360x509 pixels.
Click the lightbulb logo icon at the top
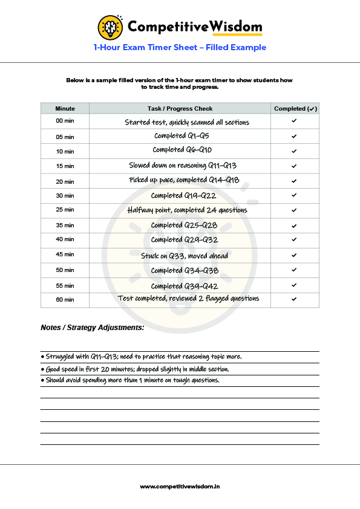pos(111,27)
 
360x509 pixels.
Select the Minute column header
pos(65,109)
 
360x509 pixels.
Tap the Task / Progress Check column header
pos(180,109)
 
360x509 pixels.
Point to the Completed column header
pos(295,109)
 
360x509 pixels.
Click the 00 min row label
pos(65,122)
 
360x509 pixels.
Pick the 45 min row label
pos(65,255)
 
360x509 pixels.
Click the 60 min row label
pos(65,300)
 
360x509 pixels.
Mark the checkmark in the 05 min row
pos(294,137)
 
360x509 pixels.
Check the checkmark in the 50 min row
pos(294,270)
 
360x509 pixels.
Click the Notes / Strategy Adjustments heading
pos(93,328)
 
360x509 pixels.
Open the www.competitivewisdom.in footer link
pos(180,487)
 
